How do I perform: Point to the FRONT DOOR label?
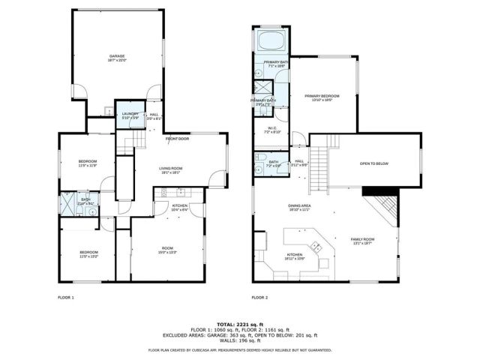click(178, 139)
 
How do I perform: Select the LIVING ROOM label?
click(170, 170)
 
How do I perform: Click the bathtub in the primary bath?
click(268, 40)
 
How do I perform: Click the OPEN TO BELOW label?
click(373, 163)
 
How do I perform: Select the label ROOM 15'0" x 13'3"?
click(166, 250)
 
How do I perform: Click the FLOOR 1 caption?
click(66, 298)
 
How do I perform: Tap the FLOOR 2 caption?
click(260, 298)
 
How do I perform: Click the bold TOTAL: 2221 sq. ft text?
click(239, 319)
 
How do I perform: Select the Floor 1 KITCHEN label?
click(180, 207)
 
